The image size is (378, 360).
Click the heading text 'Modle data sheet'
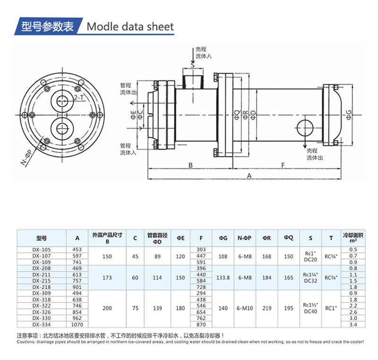130,26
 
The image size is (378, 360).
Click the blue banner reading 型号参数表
47,26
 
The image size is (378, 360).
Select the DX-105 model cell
42,249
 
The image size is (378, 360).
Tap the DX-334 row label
42,325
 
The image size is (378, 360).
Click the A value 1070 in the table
77,325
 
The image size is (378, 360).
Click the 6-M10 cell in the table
244,308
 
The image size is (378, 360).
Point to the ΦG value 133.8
223,278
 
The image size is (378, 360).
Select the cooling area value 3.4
352,325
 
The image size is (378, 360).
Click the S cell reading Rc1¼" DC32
310,278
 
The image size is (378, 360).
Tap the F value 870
201,325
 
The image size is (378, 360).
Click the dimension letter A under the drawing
249,176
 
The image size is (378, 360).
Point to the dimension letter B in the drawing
190,165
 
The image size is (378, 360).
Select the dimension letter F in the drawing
283,165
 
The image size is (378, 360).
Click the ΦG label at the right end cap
349,114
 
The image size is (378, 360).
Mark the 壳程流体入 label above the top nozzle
203,53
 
